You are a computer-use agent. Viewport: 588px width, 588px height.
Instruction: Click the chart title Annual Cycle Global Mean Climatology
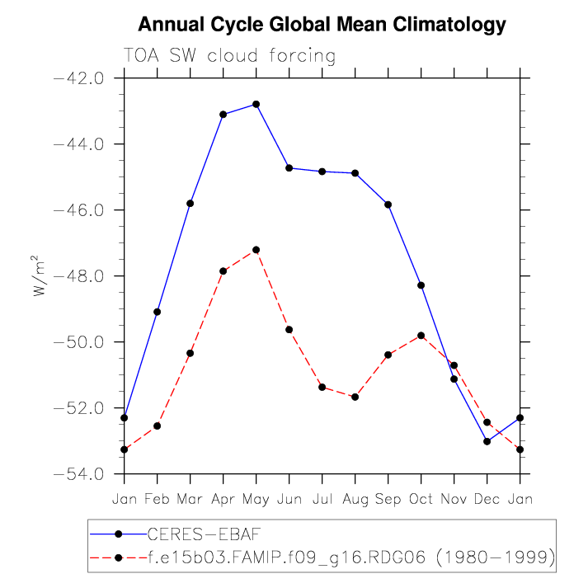coord(322,25)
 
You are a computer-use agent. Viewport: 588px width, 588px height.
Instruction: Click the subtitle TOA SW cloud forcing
coord(229,56)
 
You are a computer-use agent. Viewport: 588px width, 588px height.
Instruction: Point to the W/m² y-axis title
coord(40,275)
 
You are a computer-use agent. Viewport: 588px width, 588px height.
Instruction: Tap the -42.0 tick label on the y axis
coord(78,78)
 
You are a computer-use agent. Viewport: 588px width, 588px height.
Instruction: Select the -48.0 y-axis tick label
coord(78,276)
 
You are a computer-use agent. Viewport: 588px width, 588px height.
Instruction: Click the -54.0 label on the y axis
coord(78,474)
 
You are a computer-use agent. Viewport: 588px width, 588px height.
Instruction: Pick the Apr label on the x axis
coord(223,498)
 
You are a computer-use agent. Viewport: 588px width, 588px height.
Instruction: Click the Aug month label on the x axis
coord(355,498)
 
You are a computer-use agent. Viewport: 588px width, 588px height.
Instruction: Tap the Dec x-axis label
coord(487,498)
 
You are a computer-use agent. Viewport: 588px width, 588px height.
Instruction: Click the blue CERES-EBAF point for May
coord(256,104)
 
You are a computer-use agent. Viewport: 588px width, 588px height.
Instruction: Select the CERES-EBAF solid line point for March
coord(191,203)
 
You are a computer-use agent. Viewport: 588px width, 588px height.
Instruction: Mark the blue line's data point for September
coord(388,205)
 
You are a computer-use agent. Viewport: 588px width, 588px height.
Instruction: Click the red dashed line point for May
coord(256,250)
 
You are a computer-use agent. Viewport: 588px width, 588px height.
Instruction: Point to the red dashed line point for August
coord(355,397)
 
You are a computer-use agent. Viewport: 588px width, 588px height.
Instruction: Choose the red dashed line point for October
coord(421,336)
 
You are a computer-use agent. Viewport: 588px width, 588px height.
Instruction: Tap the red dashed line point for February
coord(158,426)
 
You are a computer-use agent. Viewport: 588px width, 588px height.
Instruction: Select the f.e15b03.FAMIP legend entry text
coord(350,558)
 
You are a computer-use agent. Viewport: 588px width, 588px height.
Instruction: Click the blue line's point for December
coord(487,441)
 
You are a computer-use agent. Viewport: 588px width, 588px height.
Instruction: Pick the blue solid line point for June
coord(289,168)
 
